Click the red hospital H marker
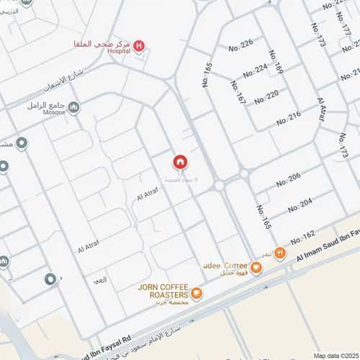pos(139,47)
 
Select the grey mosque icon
pos(73,107)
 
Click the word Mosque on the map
pos(54,113)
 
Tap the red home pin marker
pos(180,162)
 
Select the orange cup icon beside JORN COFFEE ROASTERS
pos(197,293)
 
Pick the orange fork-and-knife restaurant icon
pos(280,254)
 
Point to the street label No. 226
pos(241,45)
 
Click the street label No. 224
pos(255,70)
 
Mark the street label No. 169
pos(276,63)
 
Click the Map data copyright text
pos(335,355)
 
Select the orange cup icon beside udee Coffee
pos(257,268)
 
